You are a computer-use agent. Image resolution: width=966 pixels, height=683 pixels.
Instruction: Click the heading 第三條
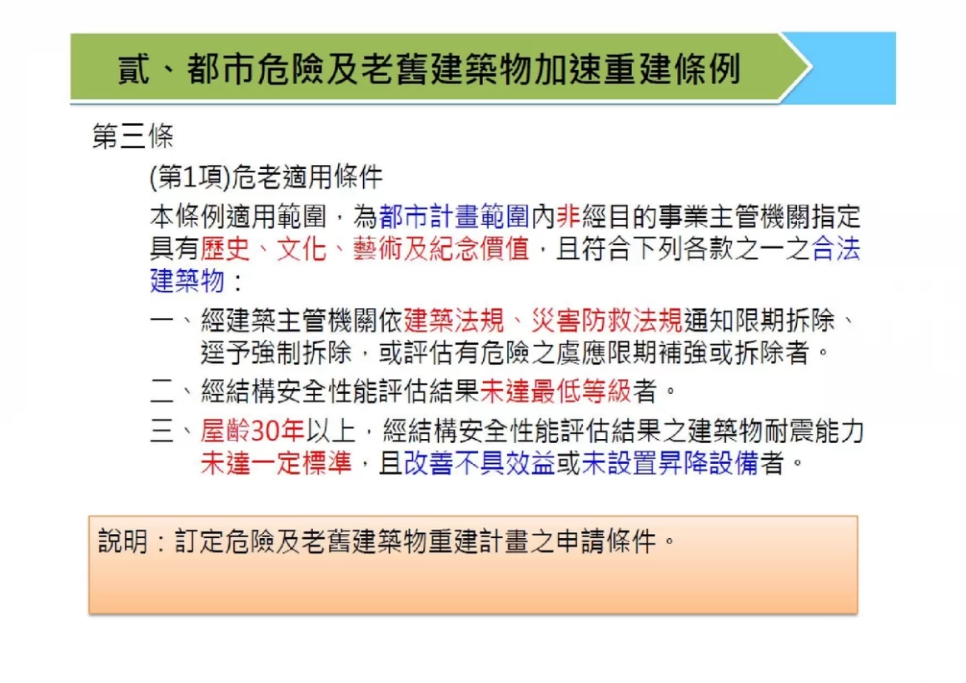[132, 136]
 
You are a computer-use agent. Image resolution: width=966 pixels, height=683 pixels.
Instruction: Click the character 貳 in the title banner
[134, 68]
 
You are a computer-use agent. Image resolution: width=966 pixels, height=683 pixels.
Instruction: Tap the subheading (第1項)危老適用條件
[266, 177]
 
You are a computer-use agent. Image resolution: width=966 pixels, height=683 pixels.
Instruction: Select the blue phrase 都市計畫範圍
[455, 217]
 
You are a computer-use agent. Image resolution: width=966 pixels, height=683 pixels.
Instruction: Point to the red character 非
[568, 217]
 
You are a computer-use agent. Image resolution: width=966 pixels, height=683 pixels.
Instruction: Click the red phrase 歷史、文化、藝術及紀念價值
[365, 249]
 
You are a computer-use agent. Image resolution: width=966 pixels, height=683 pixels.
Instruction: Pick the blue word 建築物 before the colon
[187, 281]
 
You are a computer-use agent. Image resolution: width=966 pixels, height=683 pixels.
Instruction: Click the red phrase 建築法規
[454, 321]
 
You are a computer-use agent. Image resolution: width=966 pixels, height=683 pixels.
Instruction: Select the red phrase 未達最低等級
[555, 391]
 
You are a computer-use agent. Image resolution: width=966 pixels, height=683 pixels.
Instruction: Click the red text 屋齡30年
[252, 431]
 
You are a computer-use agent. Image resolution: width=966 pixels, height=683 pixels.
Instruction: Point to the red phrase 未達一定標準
[276, 463]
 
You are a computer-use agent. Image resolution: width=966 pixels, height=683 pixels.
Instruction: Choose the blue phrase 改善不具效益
[480, 463]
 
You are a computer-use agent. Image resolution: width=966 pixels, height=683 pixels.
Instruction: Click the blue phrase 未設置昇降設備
[670, 463]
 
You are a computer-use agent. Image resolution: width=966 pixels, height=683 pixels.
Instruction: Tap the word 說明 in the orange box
[123, 542]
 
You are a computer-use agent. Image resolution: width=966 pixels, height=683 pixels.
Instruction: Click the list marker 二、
[172, 391]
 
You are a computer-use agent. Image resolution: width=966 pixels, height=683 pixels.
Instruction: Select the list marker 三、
[172, 431]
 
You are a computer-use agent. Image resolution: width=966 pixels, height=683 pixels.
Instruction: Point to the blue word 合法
[836, 249]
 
